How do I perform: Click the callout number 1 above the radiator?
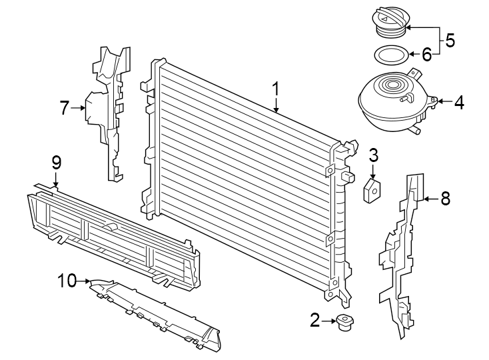276,89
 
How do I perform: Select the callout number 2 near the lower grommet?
315,321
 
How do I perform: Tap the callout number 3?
374,156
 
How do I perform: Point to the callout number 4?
459,103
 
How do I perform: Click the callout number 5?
450,41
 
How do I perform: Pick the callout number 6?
426,53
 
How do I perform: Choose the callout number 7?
65,107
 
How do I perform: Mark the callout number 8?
445,198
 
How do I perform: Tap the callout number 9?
56,162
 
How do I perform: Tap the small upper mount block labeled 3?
372,190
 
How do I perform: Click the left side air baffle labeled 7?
107,113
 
